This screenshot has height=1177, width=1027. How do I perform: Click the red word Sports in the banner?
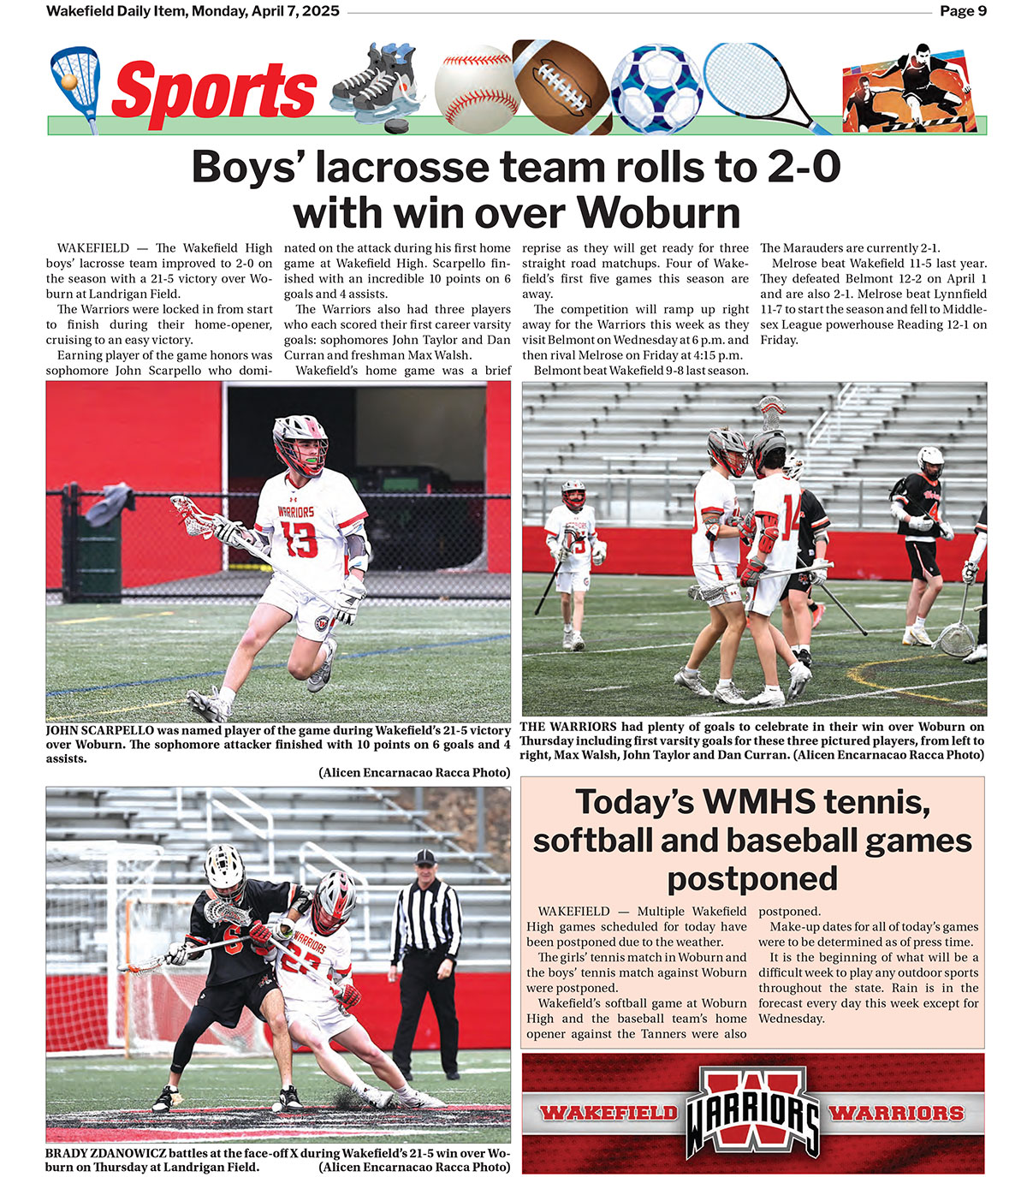point(214,91)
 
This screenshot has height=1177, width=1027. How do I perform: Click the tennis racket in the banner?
point(753,82)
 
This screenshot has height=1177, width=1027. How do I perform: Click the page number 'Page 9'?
point(963,11)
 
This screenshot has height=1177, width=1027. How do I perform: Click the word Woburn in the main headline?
point(657,211)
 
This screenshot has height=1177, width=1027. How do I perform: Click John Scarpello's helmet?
point(300,443)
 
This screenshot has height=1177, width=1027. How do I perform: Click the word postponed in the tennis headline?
point(752,878)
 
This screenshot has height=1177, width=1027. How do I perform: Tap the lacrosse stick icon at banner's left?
point(75,86)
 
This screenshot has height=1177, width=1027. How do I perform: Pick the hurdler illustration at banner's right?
point(911,87)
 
